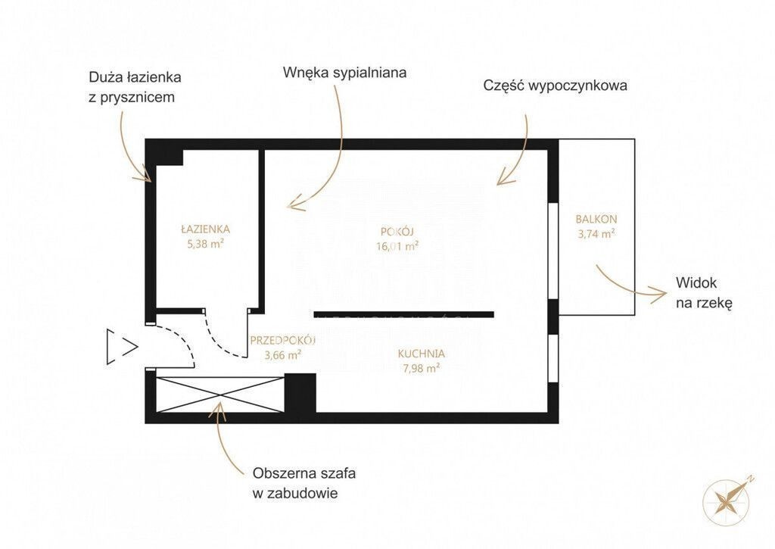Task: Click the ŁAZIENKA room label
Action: coord(205,229)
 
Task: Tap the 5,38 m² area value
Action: coord(206,243)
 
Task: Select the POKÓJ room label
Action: coord(397,232)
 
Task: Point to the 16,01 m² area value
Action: coord(398,246)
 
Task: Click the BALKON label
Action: coord(596,219)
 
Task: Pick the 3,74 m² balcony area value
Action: coord(596,233)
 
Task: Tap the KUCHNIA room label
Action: coord(421,354)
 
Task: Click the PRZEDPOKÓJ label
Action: coord(283,340)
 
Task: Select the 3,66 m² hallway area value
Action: coord(283,354)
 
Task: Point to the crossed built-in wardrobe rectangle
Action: coord(220,395)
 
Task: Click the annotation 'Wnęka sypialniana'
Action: coord(344,73)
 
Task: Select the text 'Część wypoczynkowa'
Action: coord(555,86)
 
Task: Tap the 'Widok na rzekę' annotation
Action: coord(704,293)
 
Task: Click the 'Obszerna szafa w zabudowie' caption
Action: coord(304,483)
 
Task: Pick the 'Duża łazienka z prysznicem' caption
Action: coord(135,87)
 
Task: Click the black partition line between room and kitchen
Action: coord(404,314)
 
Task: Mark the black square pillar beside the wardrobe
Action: coord(300,393)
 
